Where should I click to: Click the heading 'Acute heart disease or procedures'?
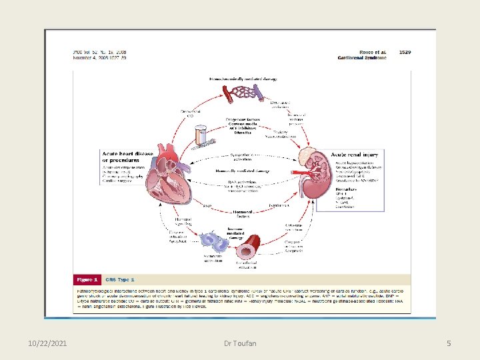[127, 157]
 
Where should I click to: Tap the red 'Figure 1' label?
[87, 279]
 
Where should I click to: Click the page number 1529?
[405, 51]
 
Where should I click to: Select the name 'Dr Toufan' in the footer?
[239, 343]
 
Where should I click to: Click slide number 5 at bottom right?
[449, 343]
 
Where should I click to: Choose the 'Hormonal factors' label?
[241, 214]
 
